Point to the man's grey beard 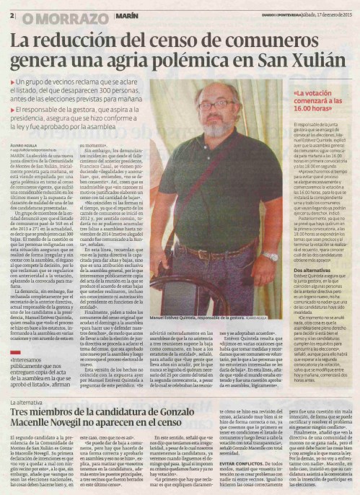point(216,123)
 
